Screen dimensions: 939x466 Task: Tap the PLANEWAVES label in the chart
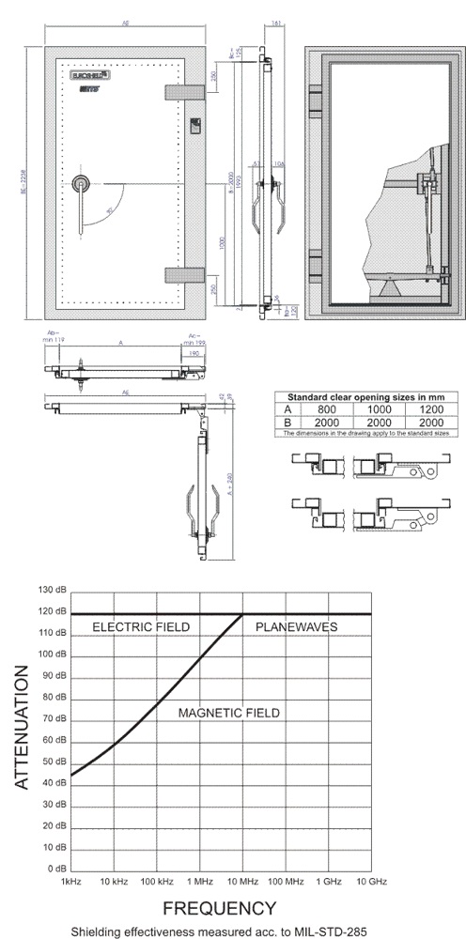click(x=296, y=626)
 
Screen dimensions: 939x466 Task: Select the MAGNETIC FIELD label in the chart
click(x=229, y=714)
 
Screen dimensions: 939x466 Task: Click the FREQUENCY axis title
click(x=220, y=908)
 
